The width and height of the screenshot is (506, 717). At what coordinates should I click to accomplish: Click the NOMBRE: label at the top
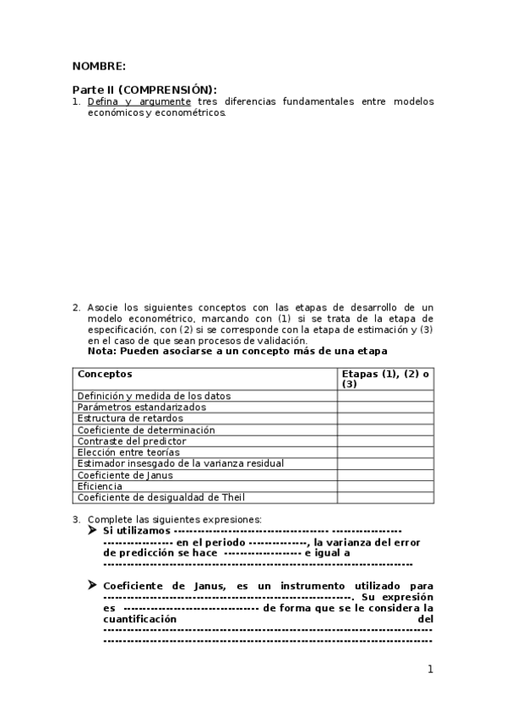99,66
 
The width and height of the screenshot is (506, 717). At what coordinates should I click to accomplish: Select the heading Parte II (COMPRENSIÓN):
144,90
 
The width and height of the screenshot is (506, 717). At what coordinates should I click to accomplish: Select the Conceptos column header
105,374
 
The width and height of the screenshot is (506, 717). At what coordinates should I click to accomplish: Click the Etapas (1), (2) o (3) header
385,379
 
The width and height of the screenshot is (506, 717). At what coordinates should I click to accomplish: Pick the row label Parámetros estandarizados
141,407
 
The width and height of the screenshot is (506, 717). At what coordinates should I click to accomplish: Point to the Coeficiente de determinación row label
146,430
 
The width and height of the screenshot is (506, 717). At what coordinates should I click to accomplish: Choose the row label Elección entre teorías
128,452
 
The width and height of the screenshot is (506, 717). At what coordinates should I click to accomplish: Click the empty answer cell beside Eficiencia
385,486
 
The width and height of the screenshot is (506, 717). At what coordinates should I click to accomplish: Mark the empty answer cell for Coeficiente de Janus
385,475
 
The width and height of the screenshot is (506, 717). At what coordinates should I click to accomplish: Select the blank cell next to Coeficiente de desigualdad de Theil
385,498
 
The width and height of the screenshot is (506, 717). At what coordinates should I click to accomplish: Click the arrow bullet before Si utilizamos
93,530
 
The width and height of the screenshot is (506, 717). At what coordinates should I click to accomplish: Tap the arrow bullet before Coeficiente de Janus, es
93,585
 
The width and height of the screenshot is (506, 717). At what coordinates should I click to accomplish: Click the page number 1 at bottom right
430,670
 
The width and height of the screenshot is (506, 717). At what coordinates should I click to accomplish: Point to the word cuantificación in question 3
140,619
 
